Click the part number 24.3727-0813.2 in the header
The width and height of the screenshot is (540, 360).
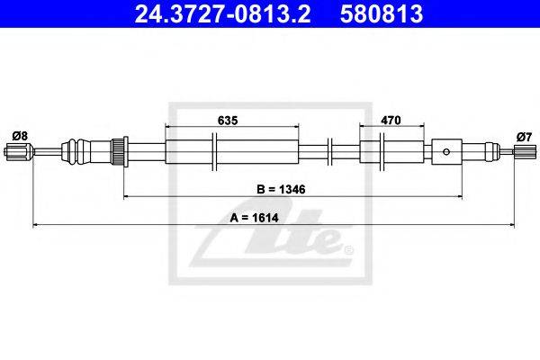pyautogui.click(x=222, y=13)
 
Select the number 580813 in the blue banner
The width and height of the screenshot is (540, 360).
pyautogui.click(x=382, y=13)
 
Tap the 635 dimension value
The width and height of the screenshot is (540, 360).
pyautogui.click(x=228, y=121)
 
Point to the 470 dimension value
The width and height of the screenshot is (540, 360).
pyautogui.click(x=391, y=121)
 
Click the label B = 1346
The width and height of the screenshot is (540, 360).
pyautogui.click(x=281, y=189)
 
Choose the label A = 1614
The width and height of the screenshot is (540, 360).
pyautogui.click(x=254, y=218)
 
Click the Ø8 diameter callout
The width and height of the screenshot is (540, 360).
pyautogui.click(x=20, y=136)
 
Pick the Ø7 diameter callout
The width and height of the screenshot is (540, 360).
pyautogui.click(x=524, y=137)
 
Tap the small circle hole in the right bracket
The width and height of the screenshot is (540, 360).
pyautogui.click(x=446, y=151)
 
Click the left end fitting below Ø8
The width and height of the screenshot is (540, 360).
pyautogui.click(x=19, y=151)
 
